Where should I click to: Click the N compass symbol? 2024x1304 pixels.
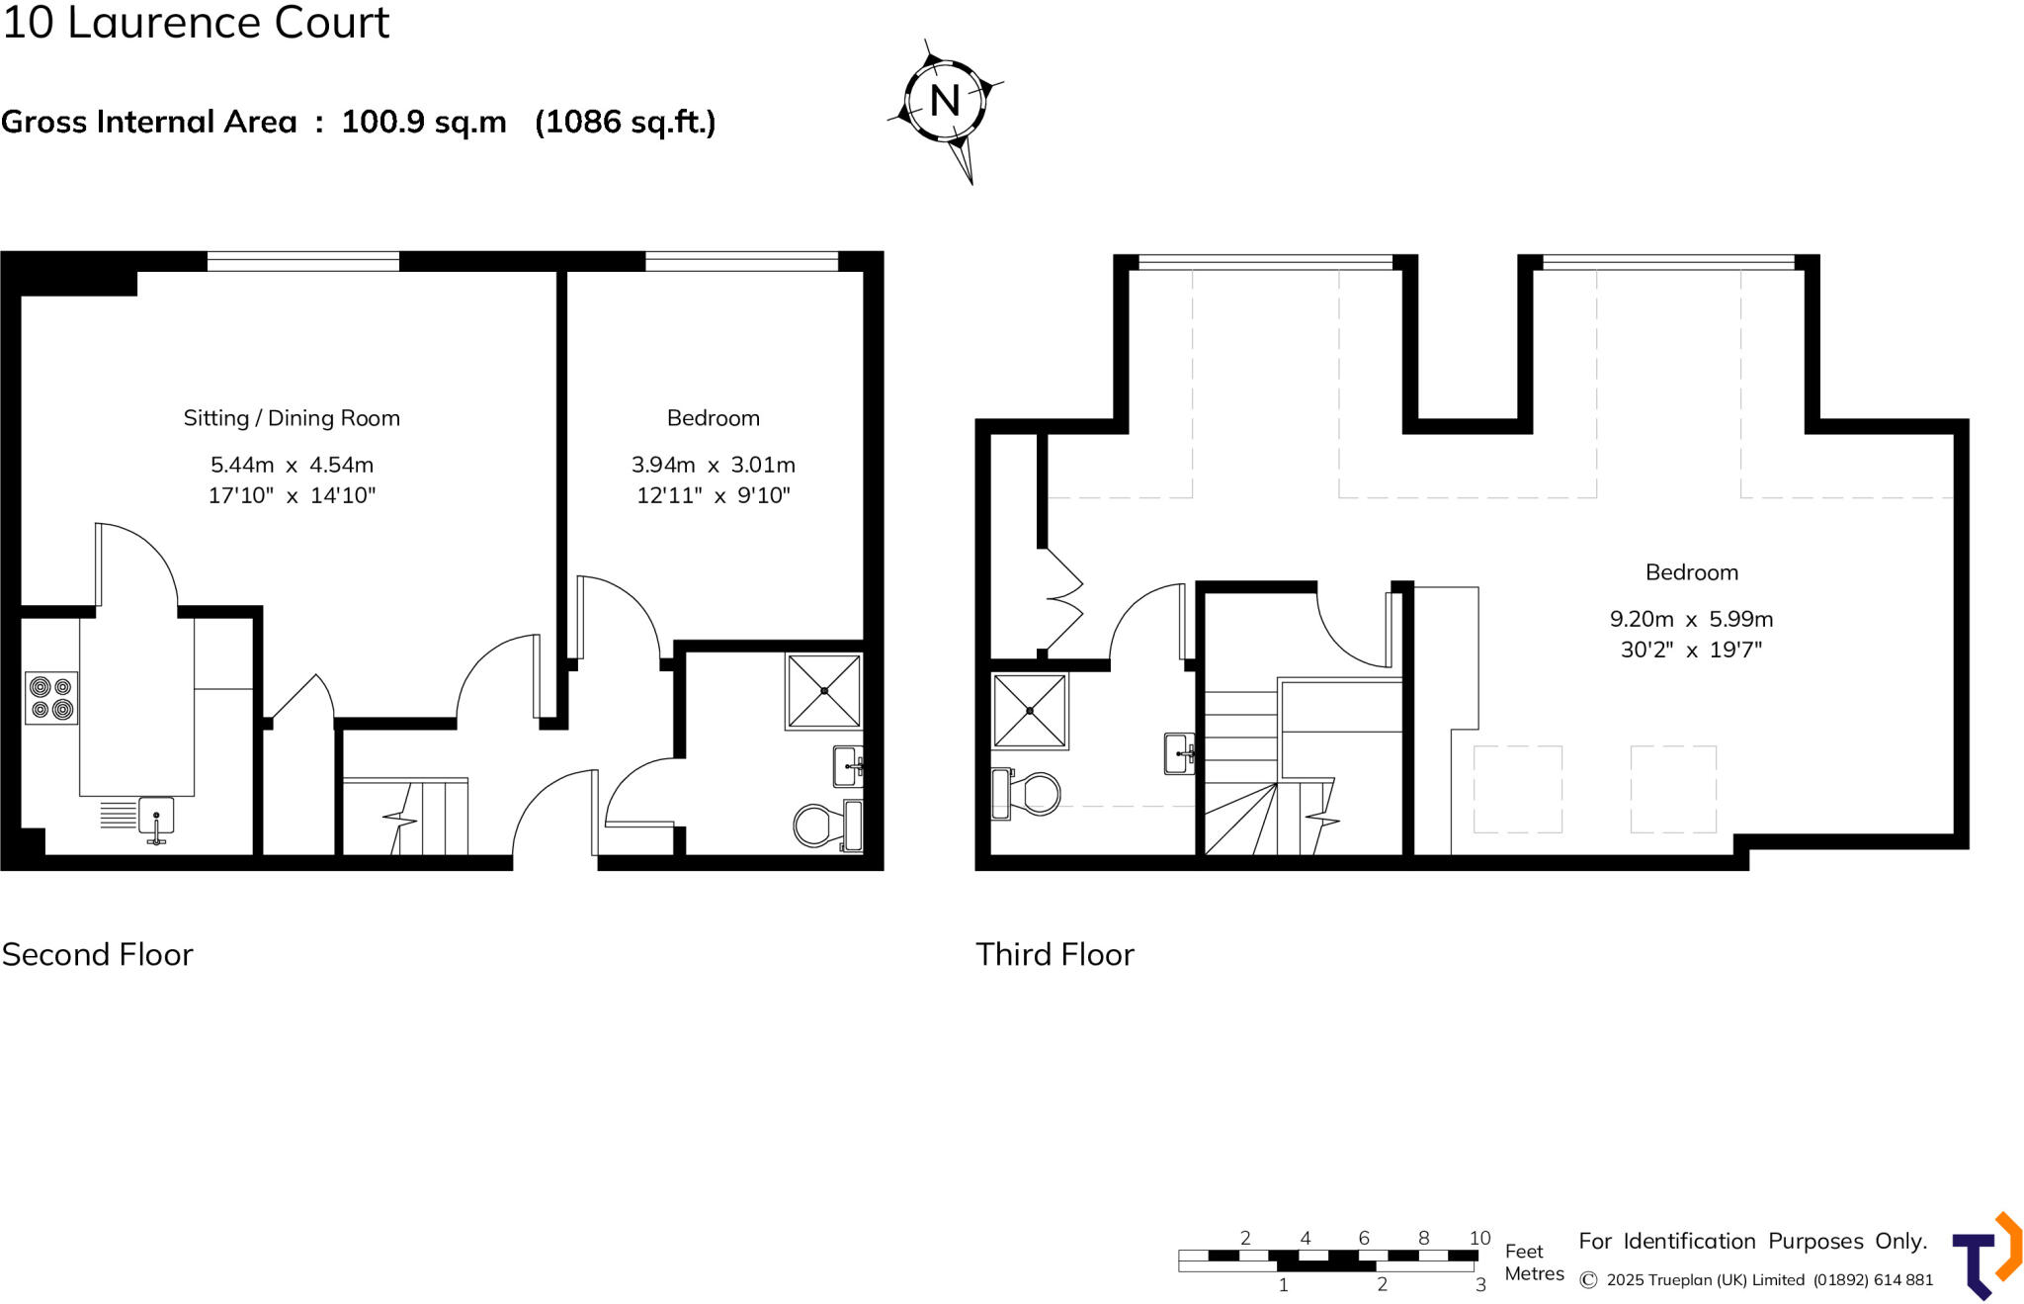click(x=945, y=101)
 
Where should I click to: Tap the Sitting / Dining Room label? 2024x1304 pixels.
click(x=292, y=418)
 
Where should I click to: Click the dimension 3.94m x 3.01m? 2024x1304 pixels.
click(x=713, y=465)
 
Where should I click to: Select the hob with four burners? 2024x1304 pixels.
click(x=51, y=697)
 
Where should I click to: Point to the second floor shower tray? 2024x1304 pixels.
click(x=823, y=691)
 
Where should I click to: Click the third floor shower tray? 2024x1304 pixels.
click(x=1030, y=710)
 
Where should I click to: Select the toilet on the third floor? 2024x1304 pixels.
click(x=1028, y=793)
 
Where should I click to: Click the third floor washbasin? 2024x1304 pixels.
click(x=1178, y=753)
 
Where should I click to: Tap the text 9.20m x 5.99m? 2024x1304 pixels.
click(x=1691, y=619)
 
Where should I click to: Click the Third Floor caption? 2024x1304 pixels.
click(x=1054, y=954)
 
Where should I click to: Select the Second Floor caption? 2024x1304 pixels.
click(x=97, y=954)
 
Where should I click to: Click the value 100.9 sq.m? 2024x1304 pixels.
click(x=424, y=122)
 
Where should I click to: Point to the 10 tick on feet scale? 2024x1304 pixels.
click(x=1478, y=1238)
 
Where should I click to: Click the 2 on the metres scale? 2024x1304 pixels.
click(x=1382, y=1284)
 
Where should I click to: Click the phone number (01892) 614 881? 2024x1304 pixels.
click(x=1873, y=1279)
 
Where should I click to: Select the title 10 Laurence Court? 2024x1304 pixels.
click(x=196, y=22)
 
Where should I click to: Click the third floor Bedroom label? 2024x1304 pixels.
click(x=1691, y=572)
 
